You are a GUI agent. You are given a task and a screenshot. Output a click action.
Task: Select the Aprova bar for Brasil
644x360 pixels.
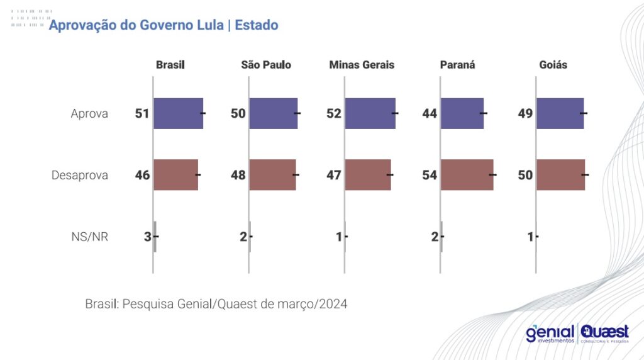point(178,114)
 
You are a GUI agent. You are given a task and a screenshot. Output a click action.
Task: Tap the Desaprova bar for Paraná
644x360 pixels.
point(467,175)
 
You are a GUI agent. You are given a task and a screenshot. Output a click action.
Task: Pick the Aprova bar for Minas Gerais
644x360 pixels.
point(370,114)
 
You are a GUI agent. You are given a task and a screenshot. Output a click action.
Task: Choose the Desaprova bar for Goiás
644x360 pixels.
point(560,175)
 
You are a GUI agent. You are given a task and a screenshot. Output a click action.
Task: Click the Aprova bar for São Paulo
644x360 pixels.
point(273,114)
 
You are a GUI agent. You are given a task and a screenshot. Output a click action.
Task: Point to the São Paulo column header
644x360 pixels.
point(266,65)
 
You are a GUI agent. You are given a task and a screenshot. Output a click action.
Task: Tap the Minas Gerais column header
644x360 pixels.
point(362,65)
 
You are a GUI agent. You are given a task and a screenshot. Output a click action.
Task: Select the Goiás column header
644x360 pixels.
point(553,65)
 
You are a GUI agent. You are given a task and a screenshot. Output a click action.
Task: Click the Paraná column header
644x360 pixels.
point(457,65)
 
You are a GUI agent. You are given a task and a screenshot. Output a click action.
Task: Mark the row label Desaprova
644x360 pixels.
point(80,175)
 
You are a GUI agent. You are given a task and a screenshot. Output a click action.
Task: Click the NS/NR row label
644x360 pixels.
point(90,237)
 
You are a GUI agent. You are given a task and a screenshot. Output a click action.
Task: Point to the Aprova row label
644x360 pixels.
point(89,114)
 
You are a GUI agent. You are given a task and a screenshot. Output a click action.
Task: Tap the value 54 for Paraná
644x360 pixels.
point(430,175)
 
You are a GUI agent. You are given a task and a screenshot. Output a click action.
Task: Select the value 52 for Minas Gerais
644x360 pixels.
point(334,114)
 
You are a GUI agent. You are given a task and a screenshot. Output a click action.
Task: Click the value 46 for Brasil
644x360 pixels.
point(142,175)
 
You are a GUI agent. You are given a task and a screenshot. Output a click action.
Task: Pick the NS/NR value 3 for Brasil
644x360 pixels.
point(147,237)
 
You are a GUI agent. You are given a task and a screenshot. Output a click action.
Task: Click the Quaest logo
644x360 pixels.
point(605,333)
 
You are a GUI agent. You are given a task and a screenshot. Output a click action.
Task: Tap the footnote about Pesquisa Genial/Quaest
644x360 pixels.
point(216,304)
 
